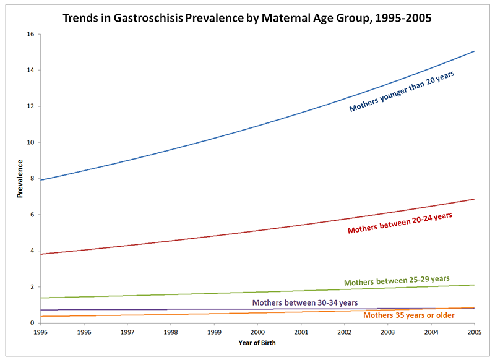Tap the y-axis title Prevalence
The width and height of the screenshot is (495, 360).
[x=20, y=179]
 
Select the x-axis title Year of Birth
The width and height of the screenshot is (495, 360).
[x=257, y=342]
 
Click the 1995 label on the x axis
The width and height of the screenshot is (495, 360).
[x=41, y=332]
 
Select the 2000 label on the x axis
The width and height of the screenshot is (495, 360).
[x=257, y=332]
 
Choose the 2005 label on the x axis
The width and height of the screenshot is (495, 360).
[x=474, y=332]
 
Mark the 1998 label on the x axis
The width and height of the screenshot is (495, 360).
[x=171, y=332]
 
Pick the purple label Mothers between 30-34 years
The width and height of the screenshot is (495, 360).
[x=305, y=303]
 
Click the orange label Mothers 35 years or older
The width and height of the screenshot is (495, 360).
[x=408, y=315]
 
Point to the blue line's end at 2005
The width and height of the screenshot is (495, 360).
[x=474, y=51]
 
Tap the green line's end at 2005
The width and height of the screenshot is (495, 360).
[x=474, y=285]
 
